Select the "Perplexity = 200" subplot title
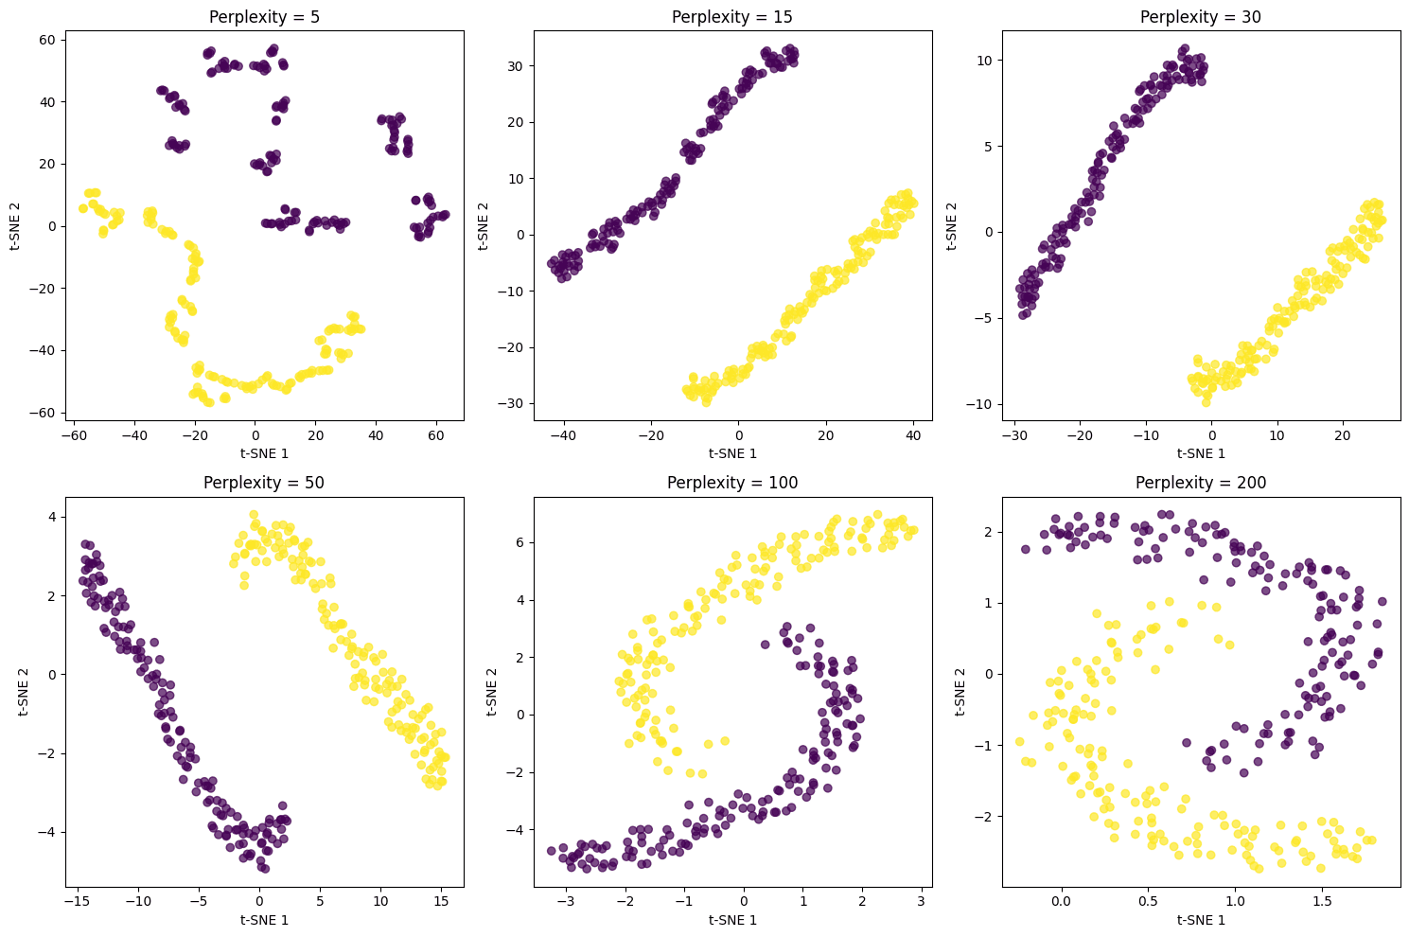(1201, 483)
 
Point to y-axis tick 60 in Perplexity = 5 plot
(46, 39)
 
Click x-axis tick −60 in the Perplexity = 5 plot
(73, 437)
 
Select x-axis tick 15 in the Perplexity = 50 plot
(440, 903)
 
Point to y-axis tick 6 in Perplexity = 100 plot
(520, 542)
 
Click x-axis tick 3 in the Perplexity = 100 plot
(920, 903)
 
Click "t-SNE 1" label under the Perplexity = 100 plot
(732, 920)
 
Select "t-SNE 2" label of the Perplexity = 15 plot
(484, 226)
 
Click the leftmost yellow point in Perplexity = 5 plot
(83, 208)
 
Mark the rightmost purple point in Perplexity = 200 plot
(1382, 601)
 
